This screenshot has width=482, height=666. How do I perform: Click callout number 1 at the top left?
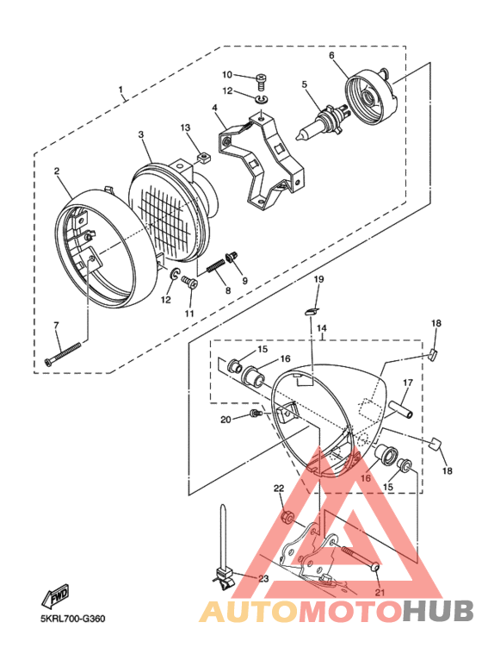[121, 89]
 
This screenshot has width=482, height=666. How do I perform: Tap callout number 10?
[227, 76]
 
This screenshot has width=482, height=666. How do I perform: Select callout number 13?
[184, 128]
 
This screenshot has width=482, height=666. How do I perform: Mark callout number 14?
[321, 328]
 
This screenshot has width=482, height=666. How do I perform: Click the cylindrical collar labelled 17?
[402, 405]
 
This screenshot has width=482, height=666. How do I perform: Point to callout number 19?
[318, 280]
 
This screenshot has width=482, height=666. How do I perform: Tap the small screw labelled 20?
[254, 415]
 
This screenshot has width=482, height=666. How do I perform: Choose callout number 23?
[263, 578]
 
